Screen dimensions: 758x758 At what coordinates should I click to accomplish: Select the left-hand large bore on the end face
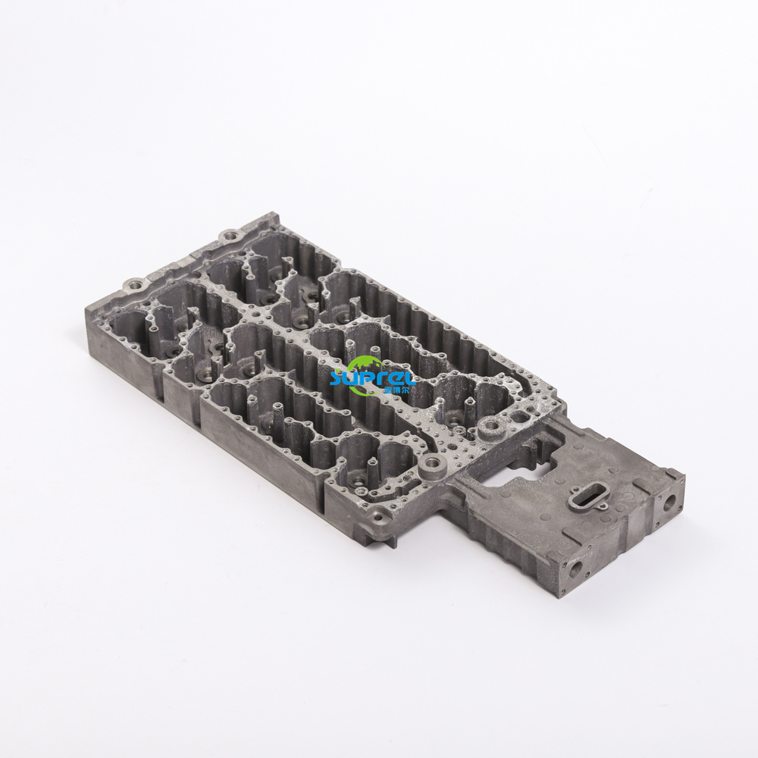577,566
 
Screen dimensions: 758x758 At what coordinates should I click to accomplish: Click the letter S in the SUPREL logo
338,377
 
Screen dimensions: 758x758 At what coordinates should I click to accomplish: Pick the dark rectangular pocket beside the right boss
520,416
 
